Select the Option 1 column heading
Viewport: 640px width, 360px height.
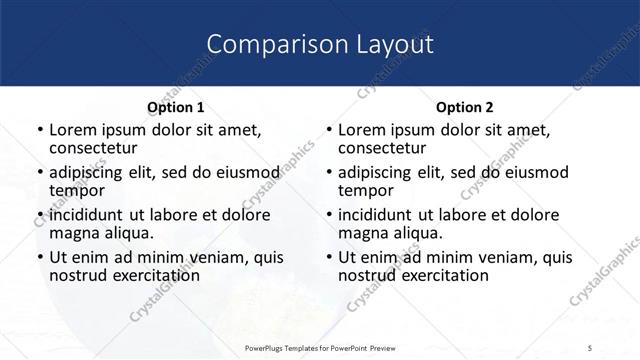coord(176,107)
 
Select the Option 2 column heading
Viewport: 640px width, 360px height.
coord(465,107)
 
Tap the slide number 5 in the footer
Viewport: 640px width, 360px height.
coord(591,347)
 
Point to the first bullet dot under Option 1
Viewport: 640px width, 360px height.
coord(39,130)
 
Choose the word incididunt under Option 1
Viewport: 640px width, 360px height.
coord(84,214)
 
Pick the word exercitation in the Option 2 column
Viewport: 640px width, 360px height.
coord(438,275)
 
